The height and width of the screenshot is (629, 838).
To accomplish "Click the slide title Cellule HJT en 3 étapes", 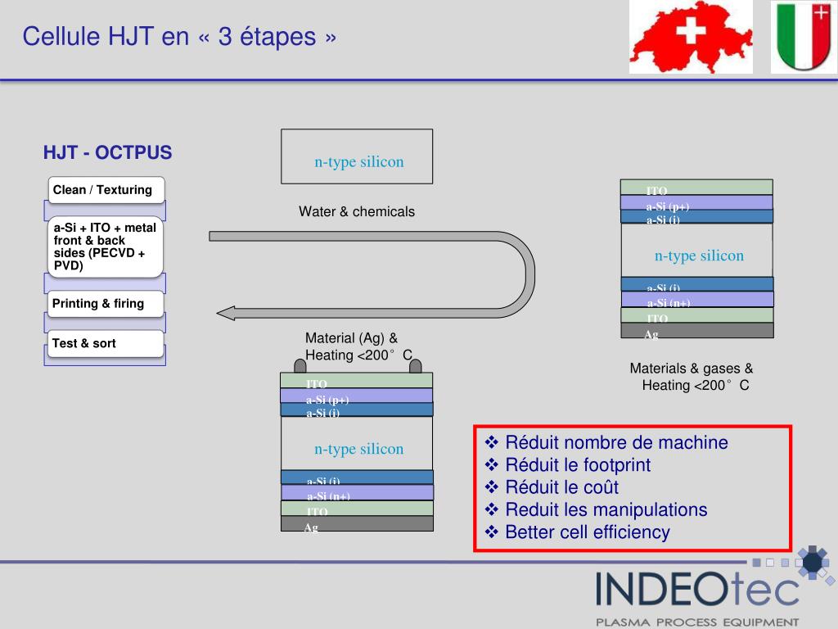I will [179, 37].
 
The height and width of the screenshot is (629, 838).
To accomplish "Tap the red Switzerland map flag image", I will [691, 37].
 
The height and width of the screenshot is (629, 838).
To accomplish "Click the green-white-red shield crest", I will [802, 37].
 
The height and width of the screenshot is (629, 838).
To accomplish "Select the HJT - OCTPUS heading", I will [108, 153].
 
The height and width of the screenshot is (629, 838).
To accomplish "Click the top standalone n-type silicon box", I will [357, 156].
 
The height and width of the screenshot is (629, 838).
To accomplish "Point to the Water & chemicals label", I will [357, 212].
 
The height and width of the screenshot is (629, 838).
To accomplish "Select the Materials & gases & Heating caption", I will [692, 377].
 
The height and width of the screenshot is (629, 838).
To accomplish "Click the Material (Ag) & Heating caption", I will [358, 346].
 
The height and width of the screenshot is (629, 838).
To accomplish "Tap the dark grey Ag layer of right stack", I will [697, 331].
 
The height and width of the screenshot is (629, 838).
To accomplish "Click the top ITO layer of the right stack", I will [697, 187].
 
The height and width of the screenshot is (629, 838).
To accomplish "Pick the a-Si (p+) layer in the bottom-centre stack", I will [357, 396].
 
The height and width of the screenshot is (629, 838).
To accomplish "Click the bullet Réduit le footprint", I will [578, 465].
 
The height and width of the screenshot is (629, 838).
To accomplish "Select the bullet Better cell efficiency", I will [587, 532].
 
